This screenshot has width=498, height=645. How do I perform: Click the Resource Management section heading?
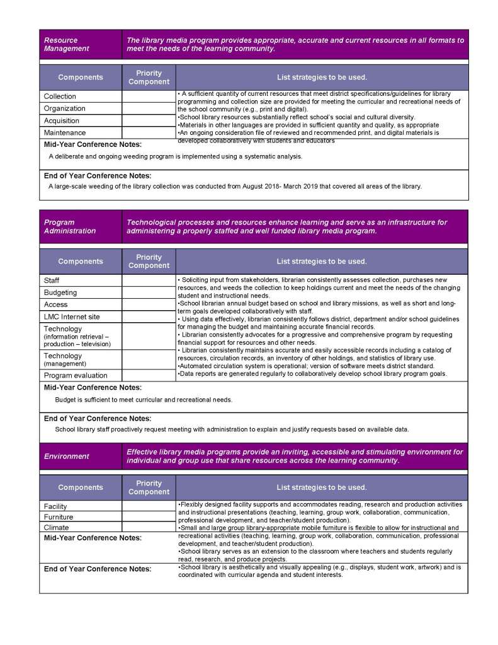coord(66,44)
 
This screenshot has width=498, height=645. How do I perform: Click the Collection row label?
coord(60,96)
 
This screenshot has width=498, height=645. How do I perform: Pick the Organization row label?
coord(64,108)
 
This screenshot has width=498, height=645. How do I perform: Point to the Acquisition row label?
coord(62,120)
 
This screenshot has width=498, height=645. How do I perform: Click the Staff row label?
coord(52,281)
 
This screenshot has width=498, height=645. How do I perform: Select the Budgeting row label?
coord(60,293)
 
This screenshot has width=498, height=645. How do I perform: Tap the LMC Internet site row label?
coord(71,317)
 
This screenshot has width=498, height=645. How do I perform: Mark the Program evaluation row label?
coord(76,375)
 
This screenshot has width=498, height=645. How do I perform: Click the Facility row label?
coord(55,506)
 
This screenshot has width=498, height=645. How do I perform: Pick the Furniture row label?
coord(59,517)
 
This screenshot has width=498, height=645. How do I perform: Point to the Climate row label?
coord(56,528)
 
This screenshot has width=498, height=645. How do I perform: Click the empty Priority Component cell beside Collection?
coord(149,96)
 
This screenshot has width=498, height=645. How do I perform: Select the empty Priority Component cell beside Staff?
coord(149,281)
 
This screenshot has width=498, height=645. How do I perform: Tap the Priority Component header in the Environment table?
coord(149,487)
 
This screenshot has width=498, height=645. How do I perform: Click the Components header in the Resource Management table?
coord(81,78)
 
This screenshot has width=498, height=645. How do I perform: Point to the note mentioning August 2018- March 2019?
coord(235,186)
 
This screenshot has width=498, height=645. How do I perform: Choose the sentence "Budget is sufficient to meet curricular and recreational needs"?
coord(144,400)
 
